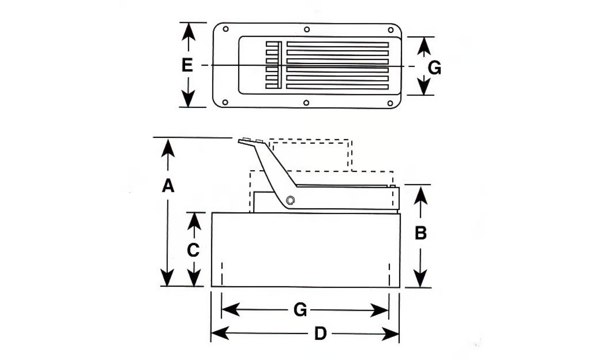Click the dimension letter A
[x=168, y=185]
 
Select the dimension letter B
[x=420, y=234]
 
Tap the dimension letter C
[x=193, y=250]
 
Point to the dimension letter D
[x=320, y=334]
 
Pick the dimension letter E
[x=187, y=66]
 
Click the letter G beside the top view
[x=434, y=68]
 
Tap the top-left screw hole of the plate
[x=226, y=29]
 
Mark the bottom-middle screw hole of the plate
[x=306, y=103]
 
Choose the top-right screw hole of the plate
[x=390, y=30]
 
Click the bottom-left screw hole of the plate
[x=226, y=102]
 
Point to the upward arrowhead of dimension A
[x=168, y=147]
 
